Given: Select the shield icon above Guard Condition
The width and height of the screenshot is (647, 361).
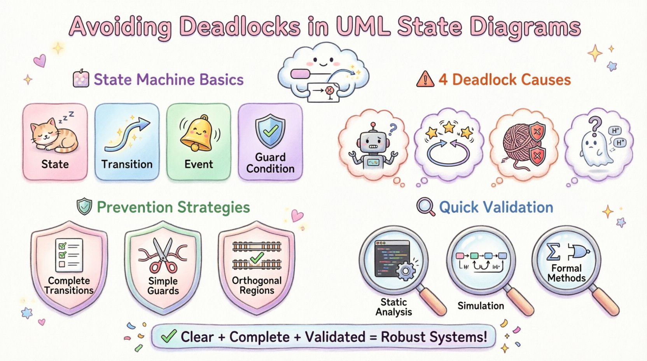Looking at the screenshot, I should click(270, 131).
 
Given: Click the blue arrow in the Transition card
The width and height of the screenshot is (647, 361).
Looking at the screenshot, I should click(128, 134).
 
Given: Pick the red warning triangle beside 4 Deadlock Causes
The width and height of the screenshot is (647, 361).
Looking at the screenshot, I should click(425, 79).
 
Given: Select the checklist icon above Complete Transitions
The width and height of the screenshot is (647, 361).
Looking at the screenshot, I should click(69, 255).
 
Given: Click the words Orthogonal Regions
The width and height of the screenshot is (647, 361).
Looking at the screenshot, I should click(257, 286).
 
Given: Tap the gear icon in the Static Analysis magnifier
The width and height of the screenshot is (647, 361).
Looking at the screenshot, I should click(406, 270).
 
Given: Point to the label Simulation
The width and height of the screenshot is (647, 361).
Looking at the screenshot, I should click(481, 306).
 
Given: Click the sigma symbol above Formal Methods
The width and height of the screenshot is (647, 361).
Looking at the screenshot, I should click(553, 252).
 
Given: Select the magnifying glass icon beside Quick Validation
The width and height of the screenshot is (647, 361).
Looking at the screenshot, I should click(425, 207).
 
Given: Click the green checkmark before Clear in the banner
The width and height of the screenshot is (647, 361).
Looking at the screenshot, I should click(168, 336).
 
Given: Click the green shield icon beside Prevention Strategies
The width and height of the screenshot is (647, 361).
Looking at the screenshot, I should click(84, 207).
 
